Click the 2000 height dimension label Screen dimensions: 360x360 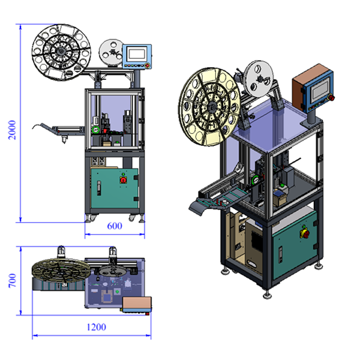12,130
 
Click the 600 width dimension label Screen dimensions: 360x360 115,226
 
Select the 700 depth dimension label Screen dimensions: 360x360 12,280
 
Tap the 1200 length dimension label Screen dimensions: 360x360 97,327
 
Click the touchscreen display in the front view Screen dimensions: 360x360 137,54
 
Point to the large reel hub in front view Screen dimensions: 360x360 61,52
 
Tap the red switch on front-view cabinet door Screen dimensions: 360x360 123,180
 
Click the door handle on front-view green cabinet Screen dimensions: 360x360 99,188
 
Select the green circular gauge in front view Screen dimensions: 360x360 95,130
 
